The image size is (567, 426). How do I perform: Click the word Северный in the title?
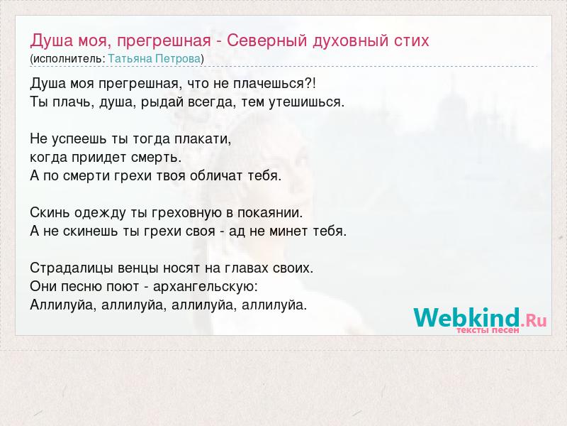tap(267, 40)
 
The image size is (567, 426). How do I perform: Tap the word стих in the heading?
tap(410, 40)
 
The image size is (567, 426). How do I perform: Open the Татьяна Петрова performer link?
tap(155, 59)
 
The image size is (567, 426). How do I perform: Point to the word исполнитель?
tap(68, 59)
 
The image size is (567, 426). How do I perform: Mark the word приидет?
tap(99, 158)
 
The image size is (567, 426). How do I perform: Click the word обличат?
tap(216, 175)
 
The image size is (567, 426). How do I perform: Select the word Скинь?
tap(50, 212)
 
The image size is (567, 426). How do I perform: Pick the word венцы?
tap(138, 268)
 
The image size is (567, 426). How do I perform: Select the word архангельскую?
tap(204, 287)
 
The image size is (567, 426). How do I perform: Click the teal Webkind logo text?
tap(466, 317)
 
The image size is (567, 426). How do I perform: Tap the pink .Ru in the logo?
tap(534, 320)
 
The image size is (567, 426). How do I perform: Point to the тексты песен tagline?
tap(488, 330)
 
